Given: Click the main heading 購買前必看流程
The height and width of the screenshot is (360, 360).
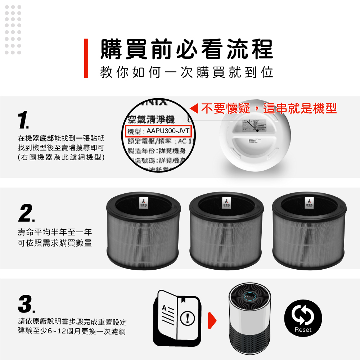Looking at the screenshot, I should [186, 49].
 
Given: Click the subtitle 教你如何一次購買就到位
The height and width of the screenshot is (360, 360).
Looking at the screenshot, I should [186, 72].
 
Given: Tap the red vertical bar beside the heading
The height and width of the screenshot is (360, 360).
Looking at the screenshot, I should [86, 58].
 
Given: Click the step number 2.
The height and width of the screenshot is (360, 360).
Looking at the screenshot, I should [26, 213].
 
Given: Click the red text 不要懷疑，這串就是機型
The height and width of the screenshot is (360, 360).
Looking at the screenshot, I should [269, 108].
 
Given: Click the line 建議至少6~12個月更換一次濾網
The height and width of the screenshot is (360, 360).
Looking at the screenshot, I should [72, 331].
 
